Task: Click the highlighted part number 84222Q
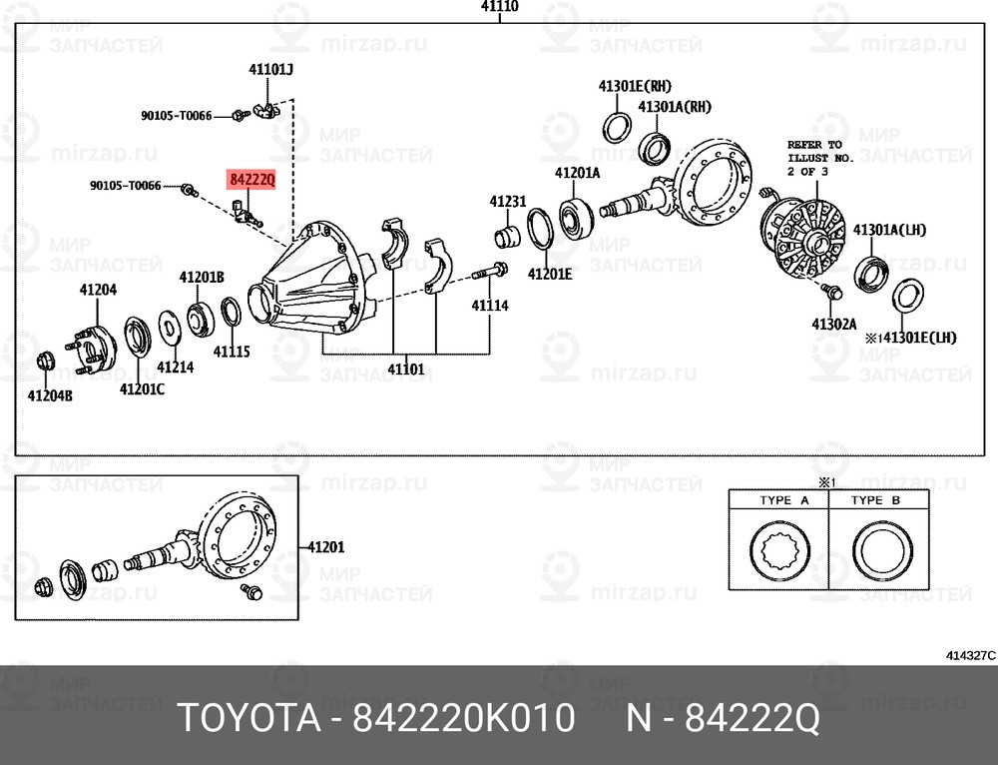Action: pyautogui.click(x=250, y=179)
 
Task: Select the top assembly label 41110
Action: pyautogui.click(x=499, y=7)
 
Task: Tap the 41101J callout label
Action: pyautogui.click(x=270, y=70)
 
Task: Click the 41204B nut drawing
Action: pyautogui.click(x=44, y=361)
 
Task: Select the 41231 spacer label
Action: pyautogui.click(x=507, y=202)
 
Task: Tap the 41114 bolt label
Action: pyautogui.click(x=490, y=305)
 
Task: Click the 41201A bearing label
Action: pyautogui.click(x=577, y=173)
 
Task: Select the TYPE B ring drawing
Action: pyautogui.click(x=880, y=551)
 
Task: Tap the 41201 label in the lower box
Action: pyautogui.click(x=325, y=547)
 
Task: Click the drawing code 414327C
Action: pyautogui.click(x=970, y=656)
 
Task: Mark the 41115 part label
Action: pyautogui.click(x=231, y=352)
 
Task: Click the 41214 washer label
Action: pyautogui.click(x=176, y=367)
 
